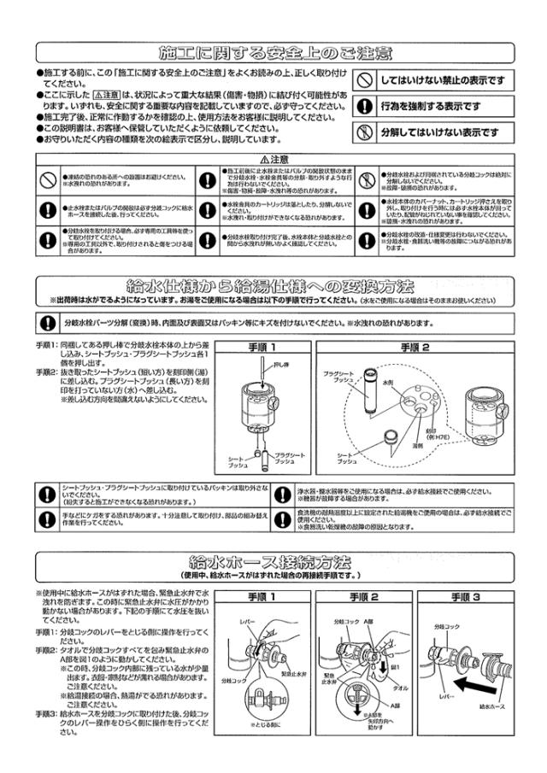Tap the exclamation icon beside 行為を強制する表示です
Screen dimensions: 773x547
tap(365, 107)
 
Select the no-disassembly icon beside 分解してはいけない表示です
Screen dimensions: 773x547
tap(365, 132)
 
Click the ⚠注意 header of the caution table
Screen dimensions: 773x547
tap(273, 160)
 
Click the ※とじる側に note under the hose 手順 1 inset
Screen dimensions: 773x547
tap(265, 724)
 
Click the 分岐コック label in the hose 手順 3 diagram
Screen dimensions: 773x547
tap(448, 626)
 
